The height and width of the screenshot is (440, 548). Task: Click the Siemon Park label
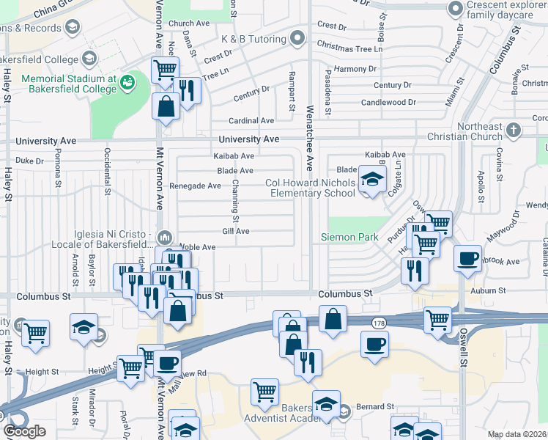point(349,237)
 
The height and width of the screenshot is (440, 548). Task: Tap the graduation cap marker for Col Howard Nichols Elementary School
point(372,180)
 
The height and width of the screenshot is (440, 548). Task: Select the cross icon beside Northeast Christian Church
point(514,131)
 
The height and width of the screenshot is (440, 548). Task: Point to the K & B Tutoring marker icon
point(296,37)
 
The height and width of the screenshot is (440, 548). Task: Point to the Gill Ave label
point(236,231)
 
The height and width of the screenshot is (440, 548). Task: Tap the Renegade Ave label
point(195,186)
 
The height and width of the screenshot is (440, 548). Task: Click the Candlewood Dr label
point(388,103)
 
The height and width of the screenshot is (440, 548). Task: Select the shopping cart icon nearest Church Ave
point(165,70)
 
